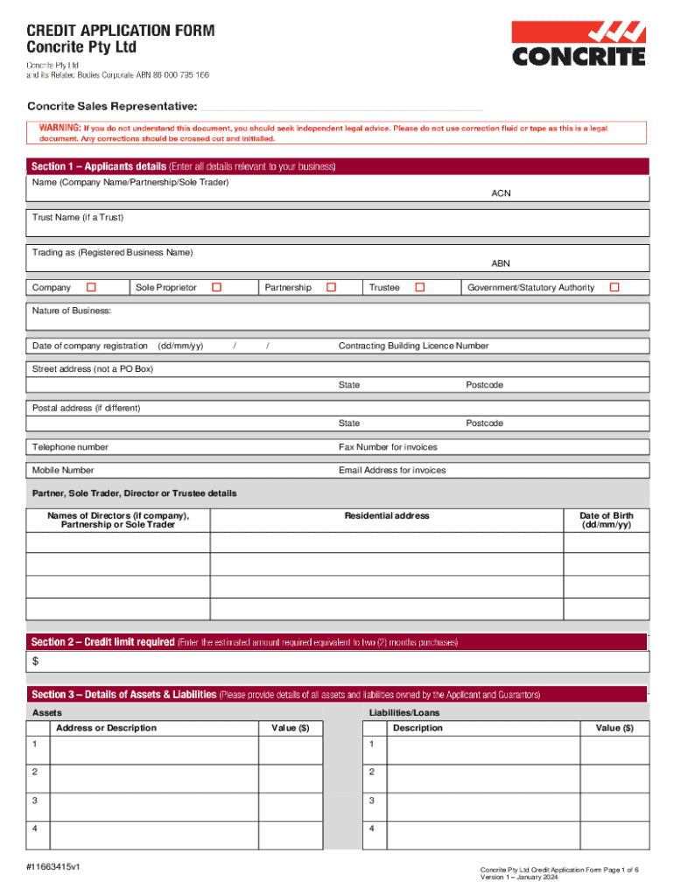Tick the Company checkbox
[x=91, y=287]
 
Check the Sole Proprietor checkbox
[x=216, y=287]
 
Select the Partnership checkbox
[x=331, y=287]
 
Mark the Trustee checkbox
[x=419, y=287]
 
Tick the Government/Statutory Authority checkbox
[x=614, y=287]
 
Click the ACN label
[x=501, y=193]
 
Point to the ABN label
[x=501, y=263]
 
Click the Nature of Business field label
[x=72, y=311]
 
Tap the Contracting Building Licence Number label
[x=413, y=346]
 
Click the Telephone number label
[x=70, y=447]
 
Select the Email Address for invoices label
[x=391, y=470]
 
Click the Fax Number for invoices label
[x=388, y=447]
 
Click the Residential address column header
[x=386, y=515]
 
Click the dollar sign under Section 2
[x=36, y=661]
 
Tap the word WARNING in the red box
[x=59, y=129]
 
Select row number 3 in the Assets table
[x=35, y=801]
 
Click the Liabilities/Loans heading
[x=404, y=713]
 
